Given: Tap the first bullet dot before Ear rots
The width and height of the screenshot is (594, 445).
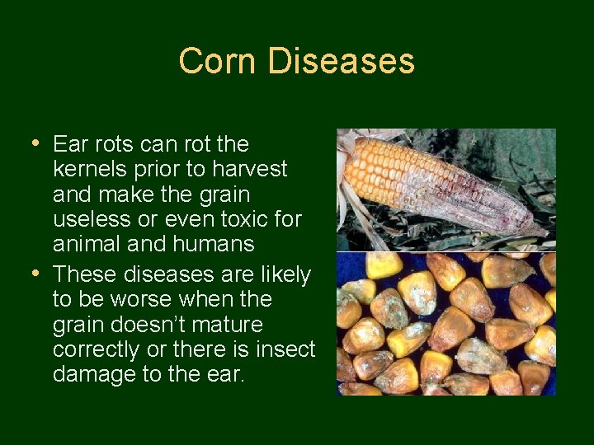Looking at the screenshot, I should [35, 143].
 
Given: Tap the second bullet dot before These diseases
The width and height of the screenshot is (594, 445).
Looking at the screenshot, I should [35, 273].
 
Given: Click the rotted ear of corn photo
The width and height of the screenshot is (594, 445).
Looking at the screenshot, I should [445, 189].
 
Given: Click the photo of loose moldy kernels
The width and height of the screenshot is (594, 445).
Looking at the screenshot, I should [445, 324].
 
